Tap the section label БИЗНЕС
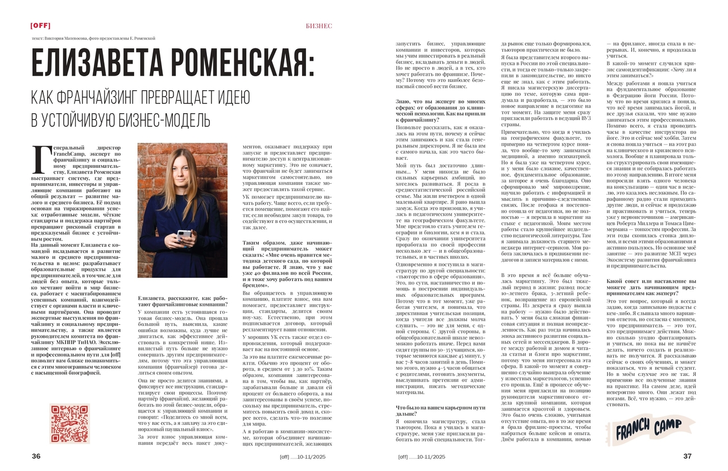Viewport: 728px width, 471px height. (x=318, y=26)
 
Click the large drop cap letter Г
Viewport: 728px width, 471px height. (x=41, y=159)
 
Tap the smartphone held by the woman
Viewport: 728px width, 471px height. (x=185, y=234)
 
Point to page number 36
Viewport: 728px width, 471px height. (x=36, y=456)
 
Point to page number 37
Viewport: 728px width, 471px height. (x=687, y=456)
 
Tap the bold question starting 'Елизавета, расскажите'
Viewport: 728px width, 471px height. (x=183, y=301)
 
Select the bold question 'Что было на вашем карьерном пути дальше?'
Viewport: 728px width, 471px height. (x=440, y=411)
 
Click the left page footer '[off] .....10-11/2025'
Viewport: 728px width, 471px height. (x=303, y=456)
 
